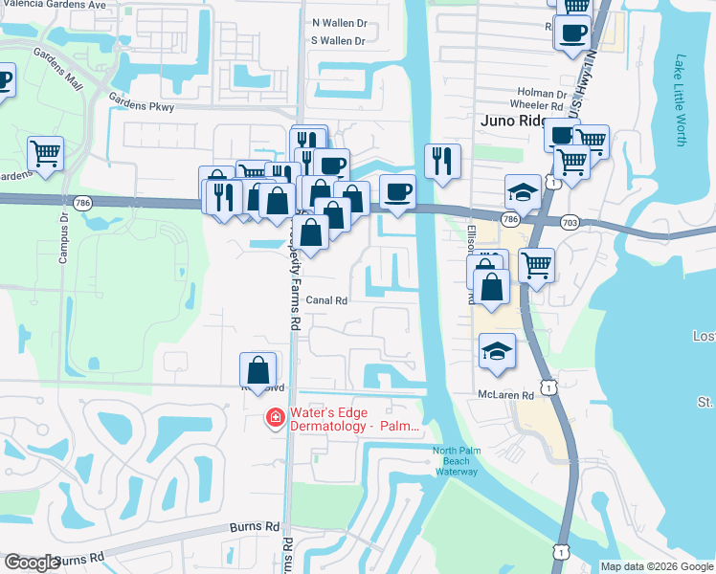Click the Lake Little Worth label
click(x=681, y=99)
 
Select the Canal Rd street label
click(x=325, y=299)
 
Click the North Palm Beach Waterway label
click(x=455, y=460)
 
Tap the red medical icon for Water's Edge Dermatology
click(x=274, y=416)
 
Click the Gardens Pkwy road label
click(x=142, y=106)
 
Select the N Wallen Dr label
click(x=340, y=22)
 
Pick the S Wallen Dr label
click(x=339, y=40)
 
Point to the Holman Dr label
click(x=536, y=93)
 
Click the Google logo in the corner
click(x=32, y=563)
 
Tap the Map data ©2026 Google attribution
click(x=657, y=566)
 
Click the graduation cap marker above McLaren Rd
click(x=498, y=351)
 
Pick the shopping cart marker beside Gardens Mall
click(x=45, y=155)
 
